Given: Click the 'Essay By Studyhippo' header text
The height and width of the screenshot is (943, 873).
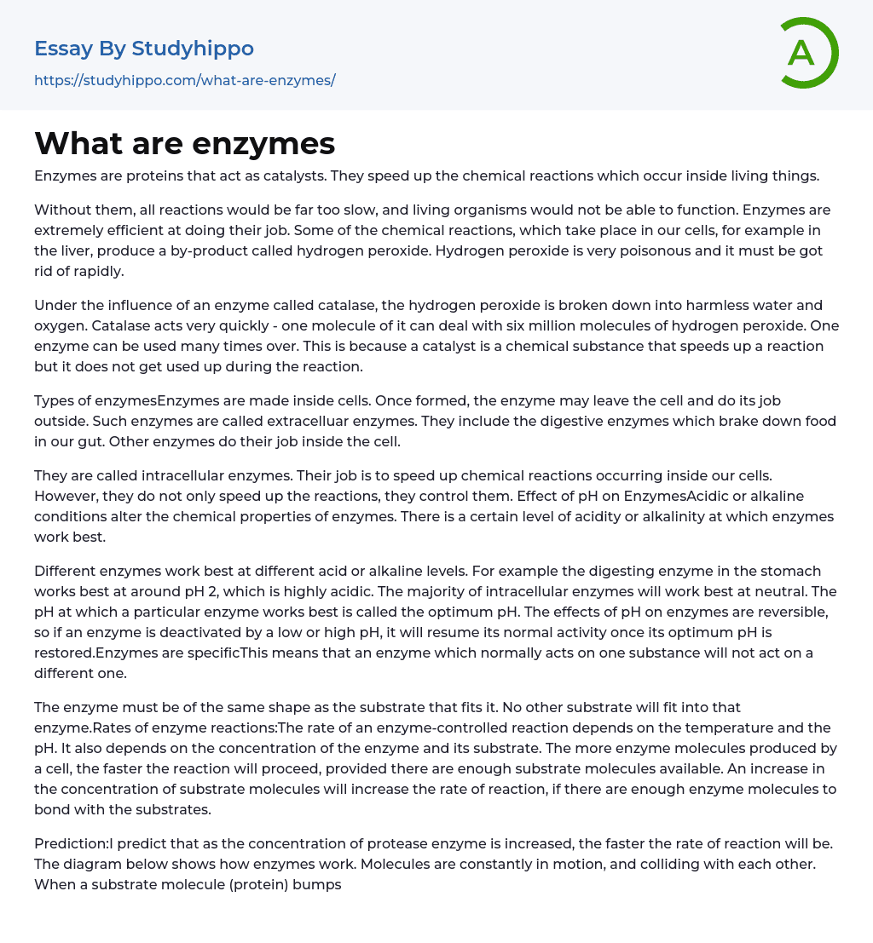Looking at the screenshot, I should (144, 49).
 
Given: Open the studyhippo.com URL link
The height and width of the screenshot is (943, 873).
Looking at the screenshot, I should (185, 80).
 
